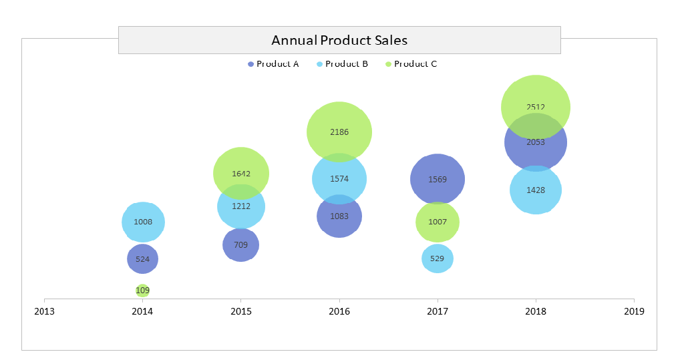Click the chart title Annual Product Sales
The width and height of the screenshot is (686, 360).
(x=339, y=40)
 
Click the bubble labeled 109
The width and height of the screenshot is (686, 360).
(x=142, y=291)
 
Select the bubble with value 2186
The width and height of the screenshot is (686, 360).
(x=339, y=132)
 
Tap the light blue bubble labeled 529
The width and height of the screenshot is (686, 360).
(x=438, y=258)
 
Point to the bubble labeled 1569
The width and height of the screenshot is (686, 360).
(x=438, y=179)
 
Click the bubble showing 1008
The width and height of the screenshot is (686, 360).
(x=143, y=222)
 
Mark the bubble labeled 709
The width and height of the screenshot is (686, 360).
(x=241, y=245)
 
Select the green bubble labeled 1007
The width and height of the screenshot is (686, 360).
(x=438, y=222)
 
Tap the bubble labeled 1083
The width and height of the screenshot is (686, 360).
(x=339, y=219)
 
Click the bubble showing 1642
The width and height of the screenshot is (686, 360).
(x=241, y=170)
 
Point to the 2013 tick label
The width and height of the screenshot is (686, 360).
(x=45, y=311)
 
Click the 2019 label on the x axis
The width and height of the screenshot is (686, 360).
(x=634, y=311)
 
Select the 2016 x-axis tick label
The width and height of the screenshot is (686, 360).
(x=339, y=311)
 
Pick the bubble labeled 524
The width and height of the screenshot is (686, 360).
(x=142, y=259)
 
